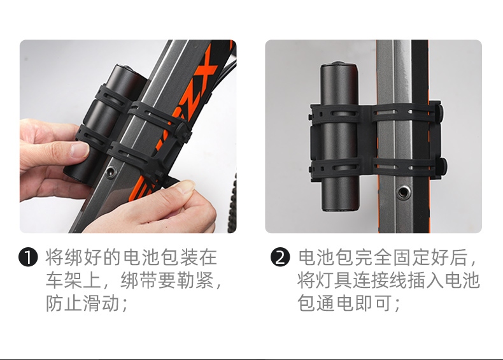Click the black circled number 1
[28, 257]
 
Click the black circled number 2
[280, 257]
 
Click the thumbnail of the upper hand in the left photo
[80, 150]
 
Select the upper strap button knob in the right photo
[442, 112]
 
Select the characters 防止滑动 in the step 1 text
[83, 303]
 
